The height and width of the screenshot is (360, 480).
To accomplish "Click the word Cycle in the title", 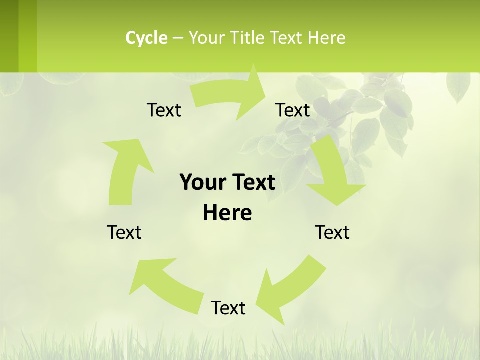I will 146,38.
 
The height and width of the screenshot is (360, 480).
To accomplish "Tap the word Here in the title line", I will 326,38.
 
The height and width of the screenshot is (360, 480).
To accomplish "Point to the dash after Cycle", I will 178,38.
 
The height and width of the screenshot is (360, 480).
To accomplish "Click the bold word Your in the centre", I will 200,182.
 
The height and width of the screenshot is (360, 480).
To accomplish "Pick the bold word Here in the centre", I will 227,213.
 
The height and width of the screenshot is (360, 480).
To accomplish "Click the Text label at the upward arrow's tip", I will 164,110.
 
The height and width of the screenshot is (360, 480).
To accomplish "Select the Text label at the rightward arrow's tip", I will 293,110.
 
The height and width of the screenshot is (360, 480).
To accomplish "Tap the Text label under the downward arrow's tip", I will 332,232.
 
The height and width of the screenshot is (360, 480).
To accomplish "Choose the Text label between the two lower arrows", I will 228,308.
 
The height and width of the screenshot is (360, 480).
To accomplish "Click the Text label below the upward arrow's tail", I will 124,232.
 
